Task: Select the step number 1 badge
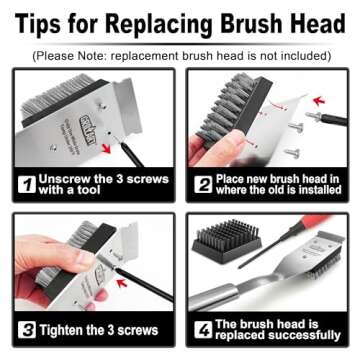24,183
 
